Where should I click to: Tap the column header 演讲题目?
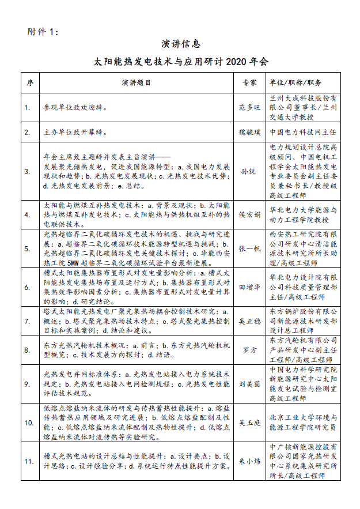tap(137, 82)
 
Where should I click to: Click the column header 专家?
tap(249, 82)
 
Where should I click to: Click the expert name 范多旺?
tap(249, 107)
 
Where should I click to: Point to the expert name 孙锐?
tap(249, 171)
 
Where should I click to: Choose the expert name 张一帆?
tap(249, 248)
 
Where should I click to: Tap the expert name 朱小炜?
tap(249, 461)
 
